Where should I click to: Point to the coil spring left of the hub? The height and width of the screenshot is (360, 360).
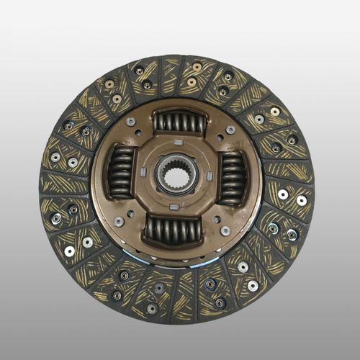click(x=120, y=172)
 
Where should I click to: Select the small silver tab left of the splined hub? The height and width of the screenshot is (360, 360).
click(x=145, y=173)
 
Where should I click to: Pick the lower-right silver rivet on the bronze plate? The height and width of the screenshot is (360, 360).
click(x=225, y=230)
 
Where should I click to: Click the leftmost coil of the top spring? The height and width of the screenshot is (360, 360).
click(x=158, y=122)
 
